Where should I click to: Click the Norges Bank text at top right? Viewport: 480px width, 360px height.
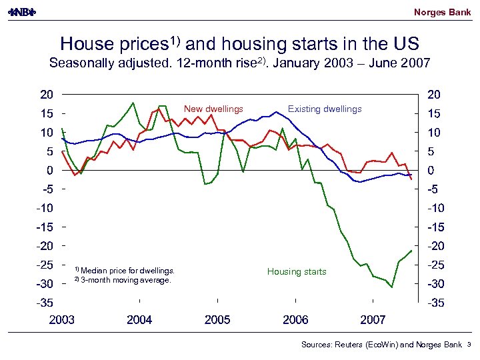442,12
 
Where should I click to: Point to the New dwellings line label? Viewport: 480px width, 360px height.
213,109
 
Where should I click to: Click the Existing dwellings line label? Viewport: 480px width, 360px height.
325,109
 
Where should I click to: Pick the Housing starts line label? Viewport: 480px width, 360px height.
297,271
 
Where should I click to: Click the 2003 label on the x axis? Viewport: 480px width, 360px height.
62,320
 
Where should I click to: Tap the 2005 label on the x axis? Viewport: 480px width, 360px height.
217,320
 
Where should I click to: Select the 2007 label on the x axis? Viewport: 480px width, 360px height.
373,320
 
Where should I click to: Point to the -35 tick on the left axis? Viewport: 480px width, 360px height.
46,303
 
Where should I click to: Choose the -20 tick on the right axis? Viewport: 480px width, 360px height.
435,246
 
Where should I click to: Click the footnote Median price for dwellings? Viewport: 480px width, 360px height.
127,271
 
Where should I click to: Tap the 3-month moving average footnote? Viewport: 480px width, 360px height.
125,280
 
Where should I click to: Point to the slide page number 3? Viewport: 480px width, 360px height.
469,345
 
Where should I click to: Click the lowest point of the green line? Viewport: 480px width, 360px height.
392,287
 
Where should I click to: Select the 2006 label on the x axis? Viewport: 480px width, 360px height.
295,320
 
